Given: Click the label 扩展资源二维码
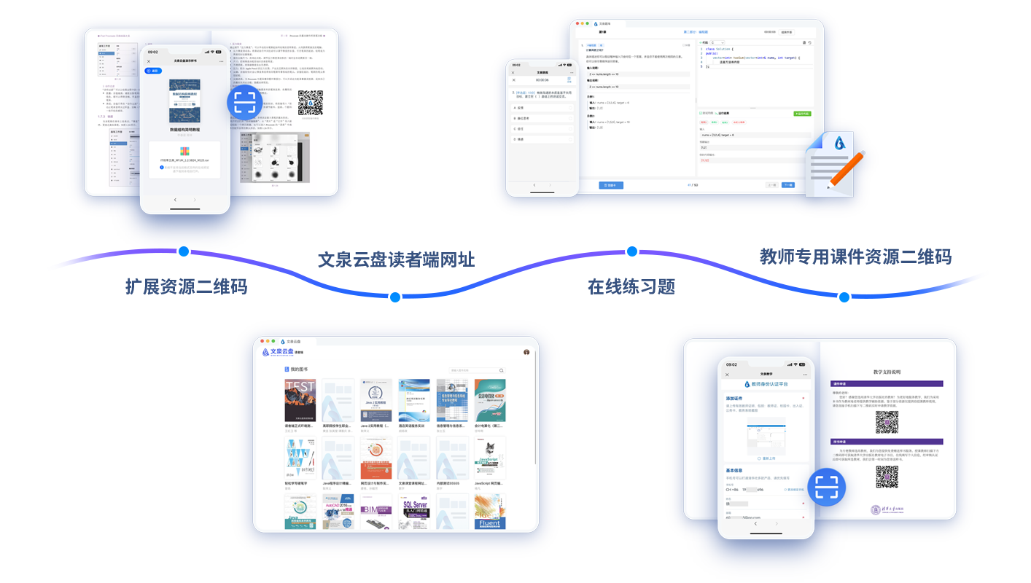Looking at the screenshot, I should point(187,286).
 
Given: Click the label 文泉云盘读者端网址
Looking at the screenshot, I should point(396,259).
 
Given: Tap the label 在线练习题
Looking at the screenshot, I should point(631,286).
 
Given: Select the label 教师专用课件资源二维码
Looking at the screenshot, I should point(855,257).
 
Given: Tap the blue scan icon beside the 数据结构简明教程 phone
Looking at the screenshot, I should point(245,105).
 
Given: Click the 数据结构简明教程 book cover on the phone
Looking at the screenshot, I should point(184,101).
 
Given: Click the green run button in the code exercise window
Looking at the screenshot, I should point(801,114).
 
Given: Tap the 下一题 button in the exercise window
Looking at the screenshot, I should point(788,185).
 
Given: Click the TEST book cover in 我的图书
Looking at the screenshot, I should point(300,400).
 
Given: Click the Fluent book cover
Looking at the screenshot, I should point(490,512).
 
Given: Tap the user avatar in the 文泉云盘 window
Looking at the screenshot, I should point(526,352).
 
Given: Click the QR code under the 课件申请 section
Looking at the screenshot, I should point(887,421).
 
